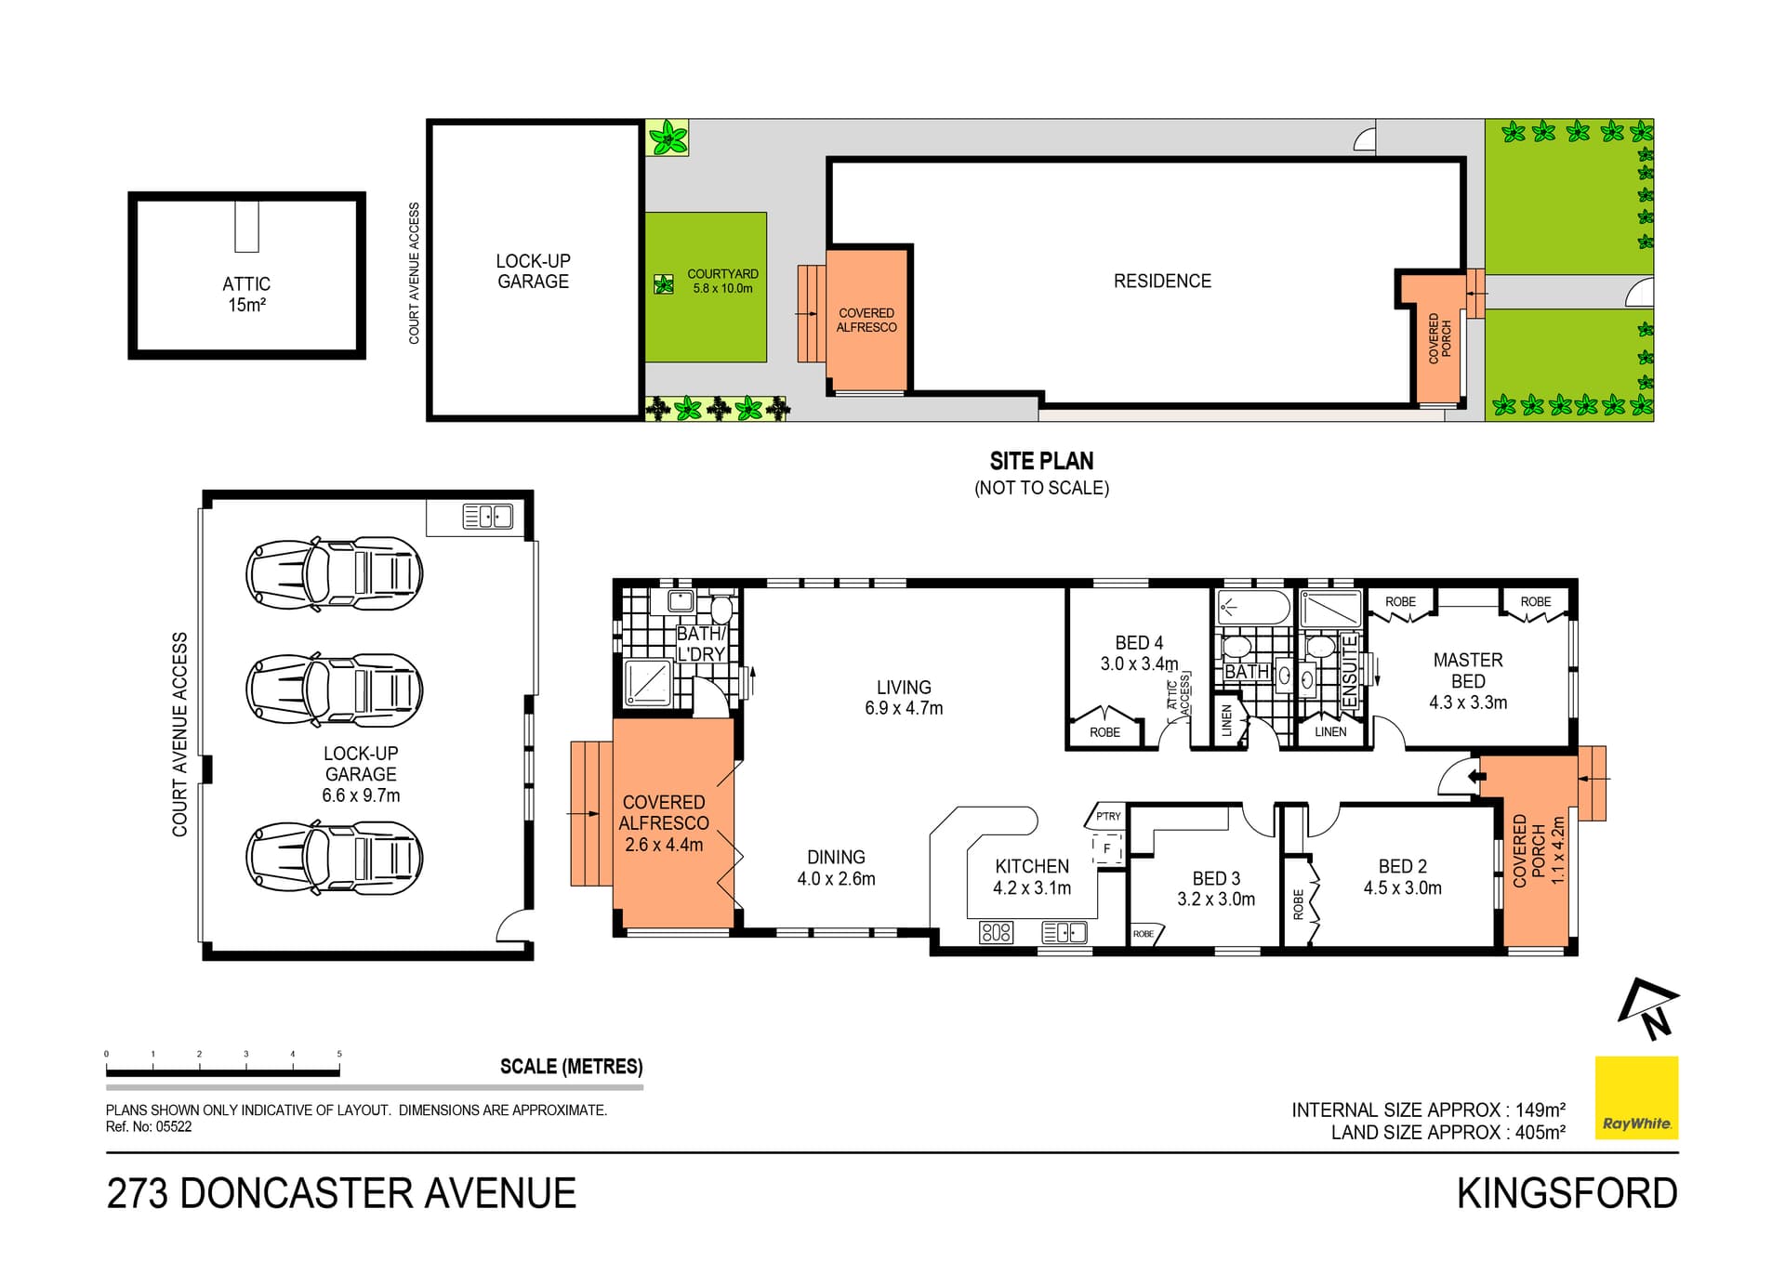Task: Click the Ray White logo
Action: pos(1636,1097)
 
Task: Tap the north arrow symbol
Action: pos(1648,1009)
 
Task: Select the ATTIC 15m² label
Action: pos(246,294)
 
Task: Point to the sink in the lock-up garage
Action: pos(488,517)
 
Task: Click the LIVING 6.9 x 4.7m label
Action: pos(904,697)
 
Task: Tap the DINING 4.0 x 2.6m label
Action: pos(836,867)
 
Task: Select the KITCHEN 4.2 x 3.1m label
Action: pos(1032,876)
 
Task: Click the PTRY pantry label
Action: pos(1107,817)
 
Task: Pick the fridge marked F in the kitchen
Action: pos(1107,848)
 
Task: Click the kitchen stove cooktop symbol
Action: pos(996,931)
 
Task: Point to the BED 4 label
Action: pos(1139,652)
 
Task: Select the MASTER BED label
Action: pos(1468,680)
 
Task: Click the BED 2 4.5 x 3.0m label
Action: pos(1402,876)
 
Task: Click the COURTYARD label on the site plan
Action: pos(722,281)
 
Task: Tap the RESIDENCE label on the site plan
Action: pos(1162,281)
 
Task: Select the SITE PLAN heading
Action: pos(1041,461)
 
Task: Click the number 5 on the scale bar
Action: pos(339,1054)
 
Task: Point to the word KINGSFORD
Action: pos(1567,1193)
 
